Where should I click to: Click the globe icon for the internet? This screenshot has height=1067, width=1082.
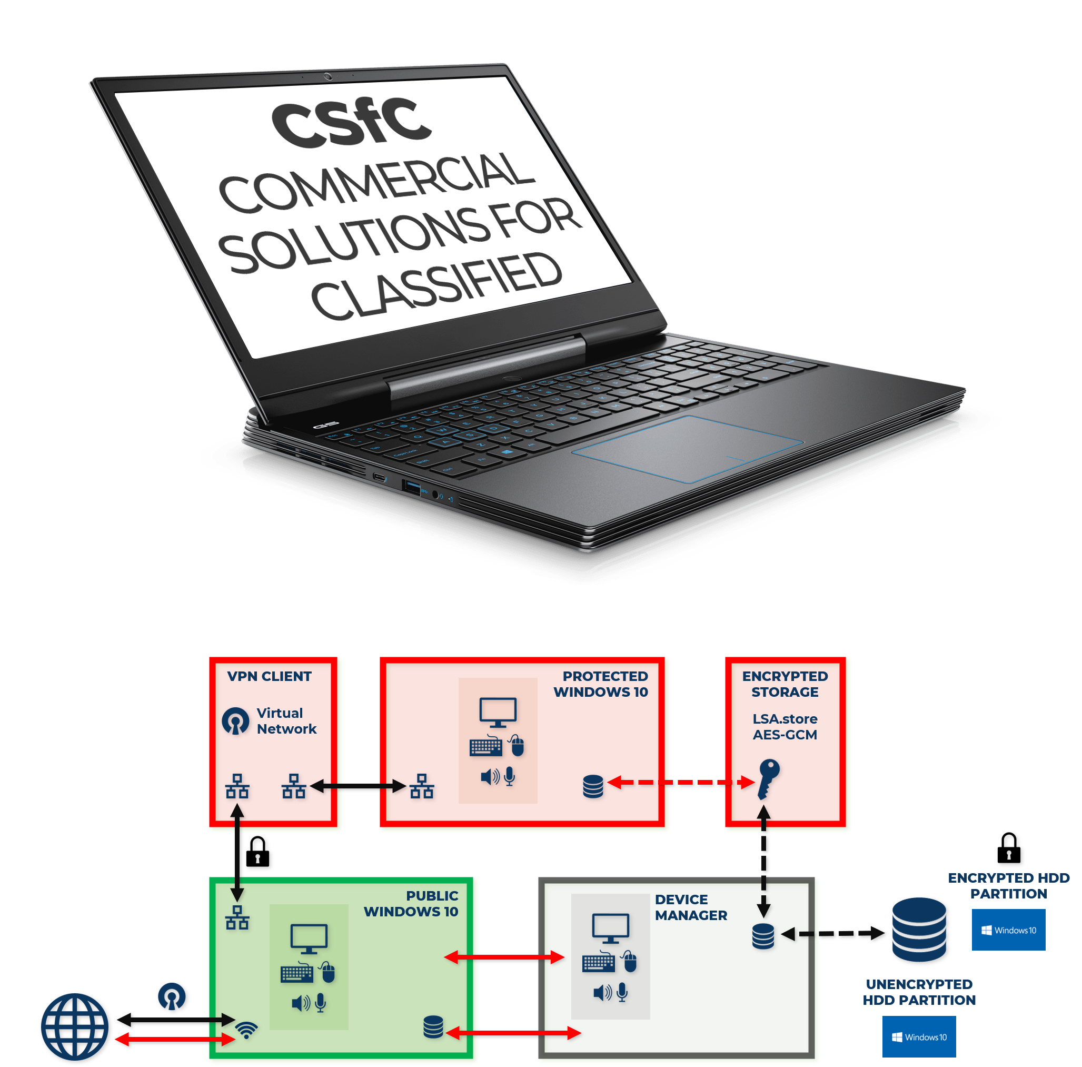tap(74, 1026)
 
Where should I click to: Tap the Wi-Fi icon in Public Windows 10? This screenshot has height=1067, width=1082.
tap(246, 1029)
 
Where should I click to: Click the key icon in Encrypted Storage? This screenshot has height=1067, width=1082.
tap(768, 777)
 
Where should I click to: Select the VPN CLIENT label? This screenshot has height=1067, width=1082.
tap(269, 676)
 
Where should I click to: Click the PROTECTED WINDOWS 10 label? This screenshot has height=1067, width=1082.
tap(601, 684)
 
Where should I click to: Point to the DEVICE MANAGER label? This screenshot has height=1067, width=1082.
tap(690, 907)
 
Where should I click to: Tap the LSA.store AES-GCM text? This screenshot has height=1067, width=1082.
tap(785, 726)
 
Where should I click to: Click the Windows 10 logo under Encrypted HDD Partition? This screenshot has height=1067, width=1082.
tap(1008, 930)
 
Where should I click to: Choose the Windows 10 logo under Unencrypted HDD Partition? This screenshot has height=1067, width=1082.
tap(918, 1037)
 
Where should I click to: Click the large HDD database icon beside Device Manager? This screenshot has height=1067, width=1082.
tap(918, 929)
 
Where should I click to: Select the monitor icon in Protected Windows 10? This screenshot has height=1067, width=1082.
tap(498, 712)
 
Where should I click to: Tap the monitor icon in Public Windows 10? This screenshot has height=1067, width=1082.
tap(309, 938)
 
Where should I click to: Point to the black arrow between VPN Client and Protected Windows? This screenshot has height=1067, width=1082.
tap(358, 786)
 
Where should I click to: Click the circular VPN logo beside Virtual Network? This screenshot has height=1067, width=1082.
tap(236, 721)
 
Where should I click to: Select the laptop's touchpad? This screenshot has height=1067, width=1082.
tap(687, 448)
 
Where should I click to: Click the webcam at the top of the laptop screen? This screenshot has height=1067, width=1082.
tap(328, 76)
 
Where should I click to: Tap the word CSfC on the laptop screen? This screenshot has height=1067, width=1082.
tap(351, 123)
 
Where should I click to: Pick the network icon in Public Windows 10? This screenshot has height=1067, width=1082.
tap(237, 917)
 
